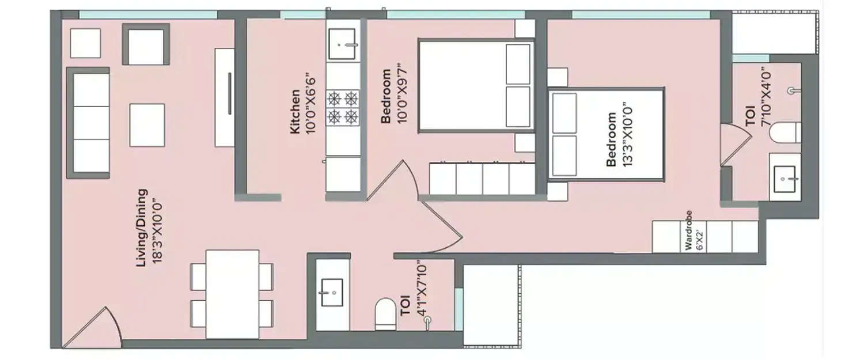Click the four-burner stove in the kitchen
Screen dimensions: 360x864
coord(342,108)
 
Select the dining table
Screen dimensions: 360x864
coord(232,294)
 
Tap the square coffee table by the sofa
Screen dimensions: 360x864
coord(147,124)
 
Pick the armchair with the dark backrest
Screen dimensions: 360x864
coord(146,44)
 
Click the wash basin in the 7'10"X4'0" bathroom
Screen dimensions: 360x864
coord(785,180)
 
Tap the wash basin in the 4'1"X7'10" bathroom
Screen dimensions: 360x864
coord(332,293)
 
